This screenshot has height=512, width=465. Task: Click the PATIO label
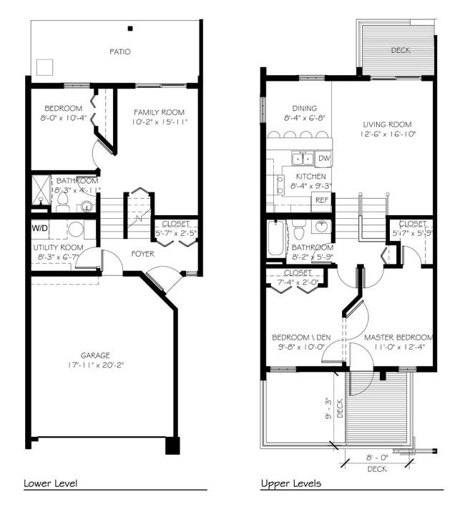120,51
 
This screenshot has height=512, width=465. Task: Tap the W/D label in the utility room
39,229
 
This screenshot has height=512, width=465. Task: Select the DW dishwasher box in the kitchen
323,158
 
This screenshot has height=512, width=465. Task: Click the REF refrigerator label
323,200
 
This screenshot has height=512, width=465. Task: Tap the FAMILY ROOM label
159,112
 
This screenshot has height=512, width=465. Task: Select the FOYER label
142,253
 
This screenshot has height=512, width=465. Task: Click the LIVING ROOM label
388,124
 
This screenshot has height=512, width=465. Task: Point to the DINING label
295,108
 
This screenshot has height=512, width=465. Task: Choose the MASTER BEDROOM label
398,338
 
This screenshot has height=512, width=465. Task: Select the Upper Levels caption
290,483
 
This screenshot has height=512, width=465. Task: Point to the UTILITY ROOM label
59,247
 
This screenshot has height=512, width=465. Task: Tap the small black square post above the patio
130,29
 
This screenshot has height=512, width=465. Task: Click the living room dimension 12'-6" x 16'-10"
388,134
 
